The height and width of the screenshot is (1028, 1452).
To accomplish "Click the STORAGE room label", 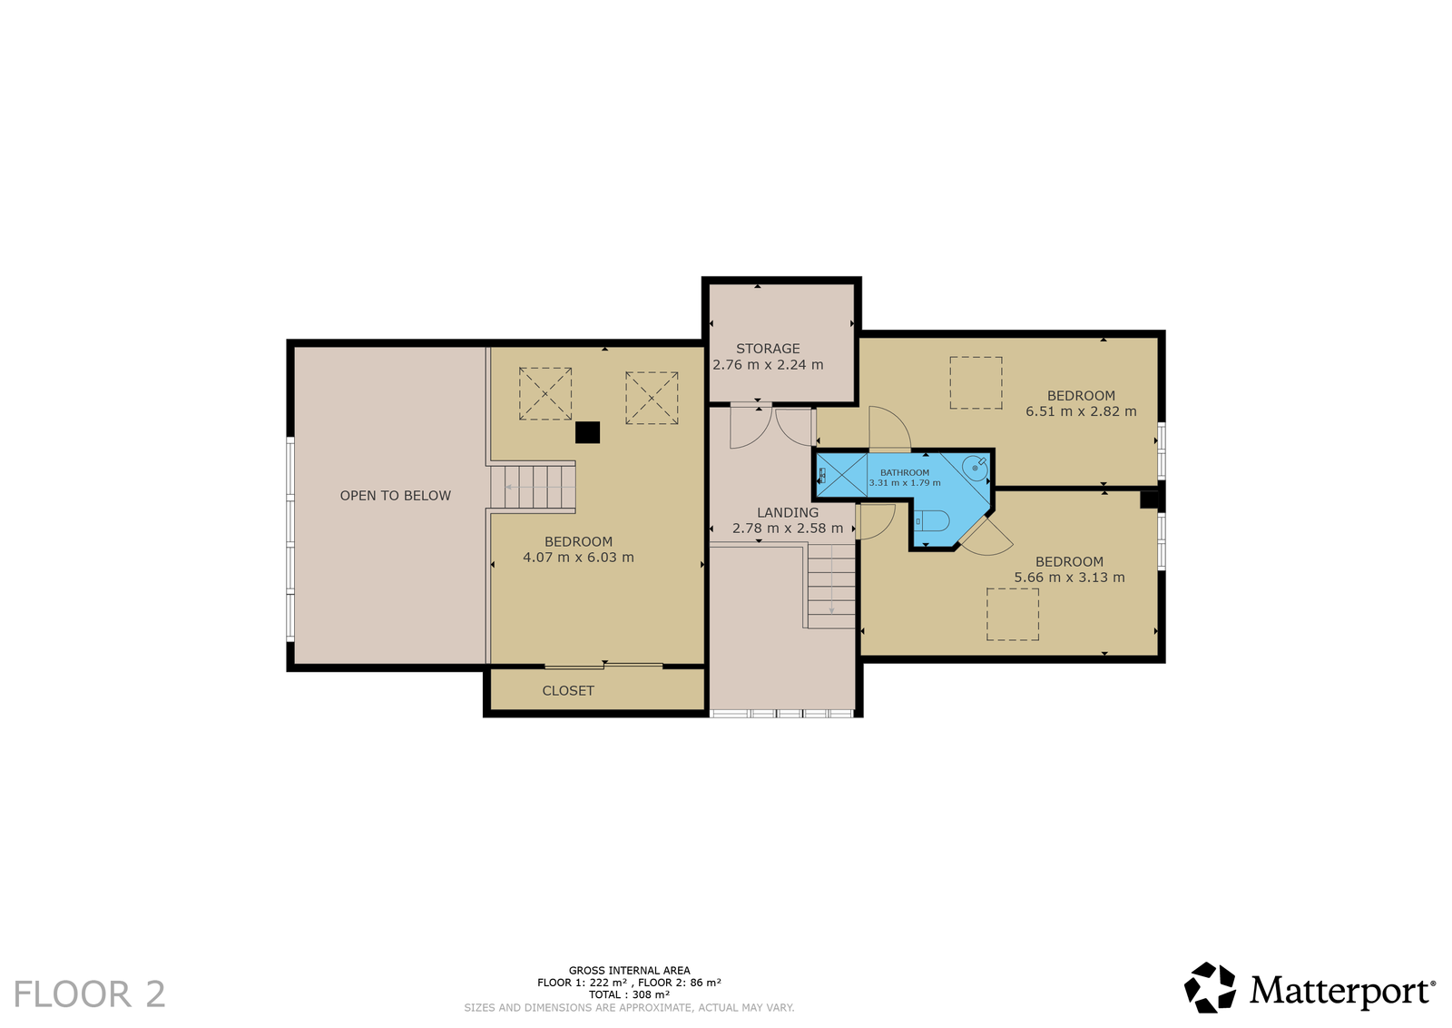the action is [x=768, y=349].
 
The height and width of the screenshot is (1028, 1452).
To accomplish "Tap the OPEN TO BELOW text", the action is [x=396, y=496].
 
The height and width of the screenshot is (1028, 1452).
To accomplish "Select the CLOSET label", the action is [x=568, y=691].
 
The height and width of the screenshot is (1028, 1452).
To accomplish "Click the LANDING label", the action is [x=788, y=512].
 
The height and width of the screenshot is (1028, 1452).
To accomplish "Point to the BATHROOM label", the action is [x=904, y=473].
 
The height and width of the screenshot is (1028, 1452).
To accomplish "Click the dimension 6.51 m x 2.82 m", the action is [x=1081, y=411].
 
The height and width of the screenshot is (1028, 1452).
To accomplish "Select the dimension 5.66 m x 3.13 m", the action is [x=1069, y=578].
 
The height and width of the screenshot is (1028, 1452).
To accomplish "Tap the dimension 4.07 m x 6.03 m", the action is [x=578, y=557].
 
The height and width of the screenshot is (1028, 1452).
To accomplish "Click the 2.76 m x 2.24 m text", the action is [x=768, y=365].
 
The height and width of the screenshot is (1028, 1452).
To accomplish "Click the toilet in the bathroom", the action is [x=931, y=520].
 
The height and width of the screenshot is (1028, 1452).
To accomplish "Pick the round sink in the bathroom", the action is [x=975, y=467].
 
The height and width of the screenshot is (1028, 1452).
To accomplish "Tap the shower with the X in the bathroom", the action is [x=841, y=476].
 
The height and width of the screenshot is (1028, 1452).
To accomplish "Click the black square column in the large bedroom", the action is [x=587, y=432].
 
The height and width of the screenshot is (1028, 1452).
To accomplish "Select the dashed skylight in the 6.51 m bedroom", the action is [x=976, y=382].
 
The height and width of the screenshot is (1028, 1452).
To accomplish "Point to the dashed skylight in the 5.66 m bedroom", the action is [x=1013, y=614].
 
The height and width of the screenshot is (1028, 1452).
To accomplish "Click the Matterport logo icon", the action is [x=1210, y=988].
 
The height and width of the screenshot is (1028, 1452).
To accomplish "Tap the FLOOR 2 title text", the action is [x=90, y=994].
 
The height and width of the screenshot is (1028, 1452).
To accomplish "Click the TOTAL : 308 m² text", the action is [x=629, y=994].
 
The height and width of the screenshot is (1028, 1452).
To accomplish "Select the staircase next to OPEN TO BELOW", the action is [x=532, y=487].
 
